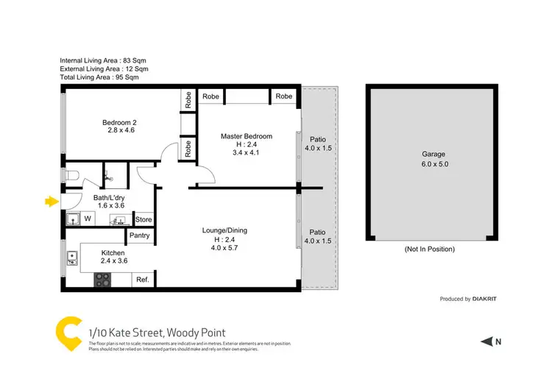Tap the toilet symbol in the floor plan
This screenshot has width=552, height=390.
71,176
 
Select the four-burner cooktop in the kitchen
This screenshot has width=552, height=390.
102,280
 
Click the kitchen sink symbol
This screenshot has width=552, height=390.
72,258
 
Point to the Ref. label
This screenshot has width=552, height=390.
142,280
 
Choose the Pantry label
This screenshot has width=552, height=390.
140,235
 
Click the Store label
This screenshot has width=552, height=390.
143,219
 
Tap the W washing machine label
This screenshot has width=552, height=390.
87,219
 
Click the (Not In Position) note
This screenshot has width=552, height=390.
430,249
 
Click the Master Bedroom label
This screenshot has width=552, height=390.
247,136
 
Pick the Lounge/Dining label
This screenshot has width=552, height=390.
224,230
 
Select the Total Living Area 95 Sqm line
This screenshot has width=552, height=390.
99,77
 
